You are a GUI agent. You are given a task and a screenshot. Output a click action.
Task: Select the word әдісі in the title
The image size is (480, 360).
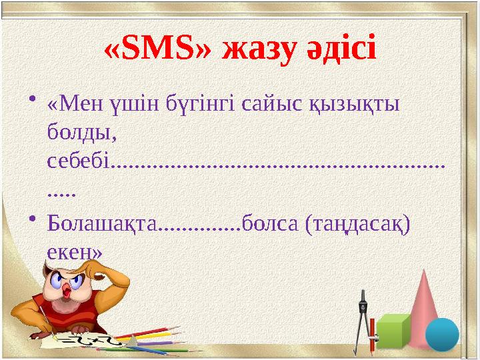pos(340,49)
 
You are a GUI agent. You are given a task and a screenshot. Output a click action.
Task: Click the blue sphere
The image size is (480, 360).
pos(442,334)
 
